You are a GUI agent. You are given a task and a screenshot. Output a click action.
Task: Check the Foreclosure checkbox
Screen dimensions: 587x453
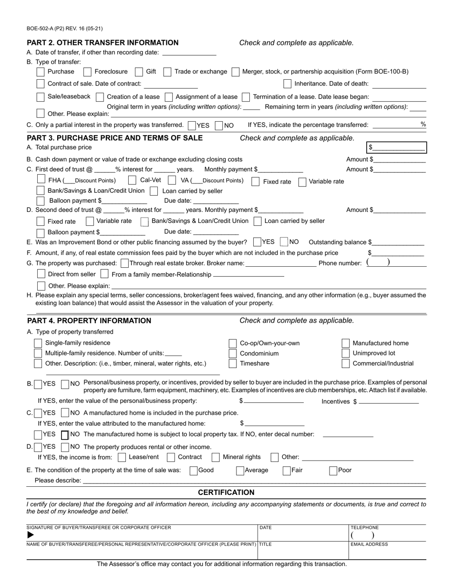coord(87,72)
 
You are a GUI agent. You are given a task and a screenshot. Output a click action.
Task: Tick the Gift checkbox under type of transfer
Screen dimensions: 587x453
coord(139,72)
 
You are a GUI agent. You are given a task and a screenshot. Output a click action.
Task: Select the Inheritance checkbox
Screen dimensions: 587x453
coord(287,84)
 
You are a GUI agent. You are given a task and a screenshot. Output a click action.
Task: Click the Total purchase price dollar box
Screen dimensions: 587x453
coord(396,147)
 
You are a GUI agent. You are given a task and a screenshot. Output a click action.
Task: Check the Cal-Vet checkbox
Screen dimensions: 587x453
coord(133,181)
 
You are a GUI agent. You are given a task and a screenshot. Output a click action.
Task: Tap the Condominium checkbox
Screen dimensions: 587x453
coord(233,354)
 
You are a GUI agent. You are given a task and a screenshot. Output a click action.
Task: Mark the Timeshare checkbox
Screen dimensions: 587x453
coord(233,364)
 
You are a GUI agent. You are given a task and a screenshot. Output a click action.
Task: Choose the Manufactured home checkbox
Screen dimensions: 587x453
coord(346,343)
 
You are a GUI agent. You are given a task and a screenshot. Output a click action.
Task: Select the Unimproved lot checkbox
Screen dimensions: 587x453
coord(346,354)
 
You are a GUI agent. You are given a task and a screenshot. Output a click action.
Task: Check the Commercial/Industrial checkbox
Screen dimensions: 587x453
coord(346,364)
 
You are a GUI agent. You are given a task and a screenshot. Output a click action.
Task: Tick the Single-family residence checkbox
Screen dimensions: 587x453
coord(38,343)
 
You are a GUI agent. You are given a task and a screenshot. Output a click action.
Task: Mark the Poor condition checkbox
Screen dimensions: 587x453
coord(333,471)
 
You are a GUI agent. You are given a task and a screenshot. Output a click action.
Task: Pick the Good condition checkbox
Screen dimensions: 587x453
coord(194,471)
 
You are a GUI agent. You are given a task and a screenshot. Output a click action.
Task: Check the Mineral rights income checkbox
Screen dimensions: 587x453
coord(216,457)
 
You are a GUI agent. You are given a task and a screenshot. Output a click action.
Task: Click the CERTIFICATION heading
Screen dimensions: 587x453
coord(226,493)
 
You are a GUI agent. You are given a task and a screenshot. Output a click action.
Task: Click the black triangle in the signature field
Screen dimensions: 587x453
coord(31,535)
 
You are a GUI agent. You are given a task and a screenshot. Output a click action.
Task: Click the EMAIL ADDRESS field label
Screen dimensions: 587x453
coord(369,544)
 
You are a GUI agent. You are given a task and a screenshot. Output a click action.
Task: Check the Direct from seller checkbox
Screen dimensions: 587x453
coord(41,274)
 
